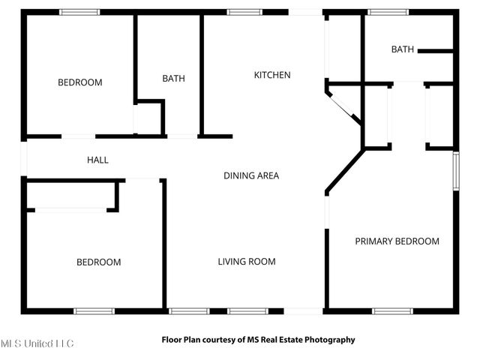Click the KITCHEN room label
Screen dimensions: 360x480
[x=272, y=75]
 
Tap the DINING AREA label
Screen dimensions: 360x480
[x=251, y=175]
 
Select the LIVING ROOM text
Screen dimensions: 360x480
[x=247, y=262]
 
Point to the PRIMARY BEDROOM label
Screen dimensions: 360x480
[x=397, y=241]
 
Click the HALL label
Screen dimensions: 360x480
[x=97, y=160]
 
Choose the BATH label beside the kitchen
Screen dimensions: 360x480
[x=173, y=78]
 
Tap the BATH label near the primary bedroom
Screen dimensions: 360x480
[x=402, y=49]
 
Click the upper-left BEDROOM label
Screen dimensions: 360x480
[x=79, y=82]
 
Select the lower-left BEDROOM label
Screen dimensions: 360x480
[x=98, y=262]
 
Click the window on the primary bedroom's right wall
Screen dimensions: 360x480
[x=455, y=173]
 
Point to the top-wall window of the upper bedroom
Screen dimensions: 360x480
[x=79, y=12]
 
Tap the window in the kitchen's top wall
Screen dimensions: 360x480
[x=239, y=12]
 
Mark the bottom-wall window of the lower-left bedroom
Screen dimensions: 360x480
[x=94, y=310]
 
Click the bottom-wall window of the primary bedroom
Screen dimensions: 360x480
[x=392, y=310]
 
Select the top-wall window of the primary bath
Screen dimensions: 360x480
[x=383, y=12]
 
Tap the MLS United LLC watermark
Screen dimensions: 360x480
[x=37, y=343]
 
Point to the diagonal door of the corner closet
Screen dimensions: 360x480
[x=344, y=106]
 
